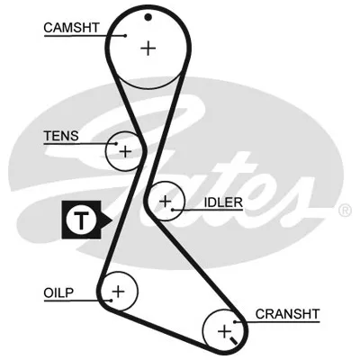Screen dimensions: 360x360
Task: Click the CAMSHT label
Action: pyautogui.click(x=71, y=28)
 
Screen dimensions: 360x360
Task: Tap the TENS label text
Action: pyautogui.click(x=61, y=136)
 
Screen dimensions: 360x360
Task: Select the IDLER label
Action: pyautogui.click(x=223, y=202)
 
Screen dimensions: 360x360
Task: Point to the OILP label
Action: pyautogui.click(x=58, y=292)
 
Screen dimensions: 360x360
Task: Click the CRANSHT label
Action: pyautogui.click(x=287, y=314)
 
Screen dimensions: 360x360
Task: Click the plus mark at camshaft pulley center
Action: pyautogui.click(x=148, y=48)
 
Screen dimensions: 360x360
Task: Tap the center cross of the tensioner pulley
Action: pyautogui.click(x=125, y=151)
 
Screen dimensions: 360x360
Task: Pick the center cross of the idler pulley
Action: pyautogui.click(x=166, y=202)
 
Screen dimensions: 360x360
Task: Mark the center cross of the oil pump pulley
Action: pyautogui.click(x=118, y=291)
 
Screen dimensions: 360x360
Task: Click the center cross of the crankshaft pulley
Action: pyautogui.click(x=224, y=331)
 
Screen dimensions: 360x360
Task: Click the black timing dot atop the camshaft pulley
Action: pyautogui.click(x=148, y=17)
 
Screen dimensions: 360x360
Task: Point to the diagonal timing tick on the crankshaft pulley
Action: pyautogui.click(x=233, y=340)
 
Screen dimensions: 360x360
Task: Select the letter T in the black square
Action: pyautogui.click(x=81, y=220)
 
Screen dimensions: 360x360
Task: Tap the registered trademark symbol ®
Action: pyautogui.click(x=345, y=211)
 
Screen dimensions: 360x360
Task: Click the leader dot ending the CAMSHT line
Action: pyautogui.click(x=125, y=36)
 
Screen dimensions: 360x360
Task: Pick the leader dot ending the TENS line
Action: pyautogui.click(x=116, y=144)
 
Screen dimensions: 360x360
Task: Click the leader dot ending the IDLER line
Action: pyautogui.click(x=173, y=210)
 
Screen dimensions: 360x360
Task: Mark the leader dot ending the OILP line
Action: pyautogui.click(x=111, y=301)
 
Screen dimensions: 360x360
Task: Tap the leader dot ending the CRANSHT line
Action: pyautogui.click(x=235, y=322)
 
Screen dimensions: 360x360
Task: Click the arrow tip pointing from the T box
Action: pyautogui.click(x=112, y=220)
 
